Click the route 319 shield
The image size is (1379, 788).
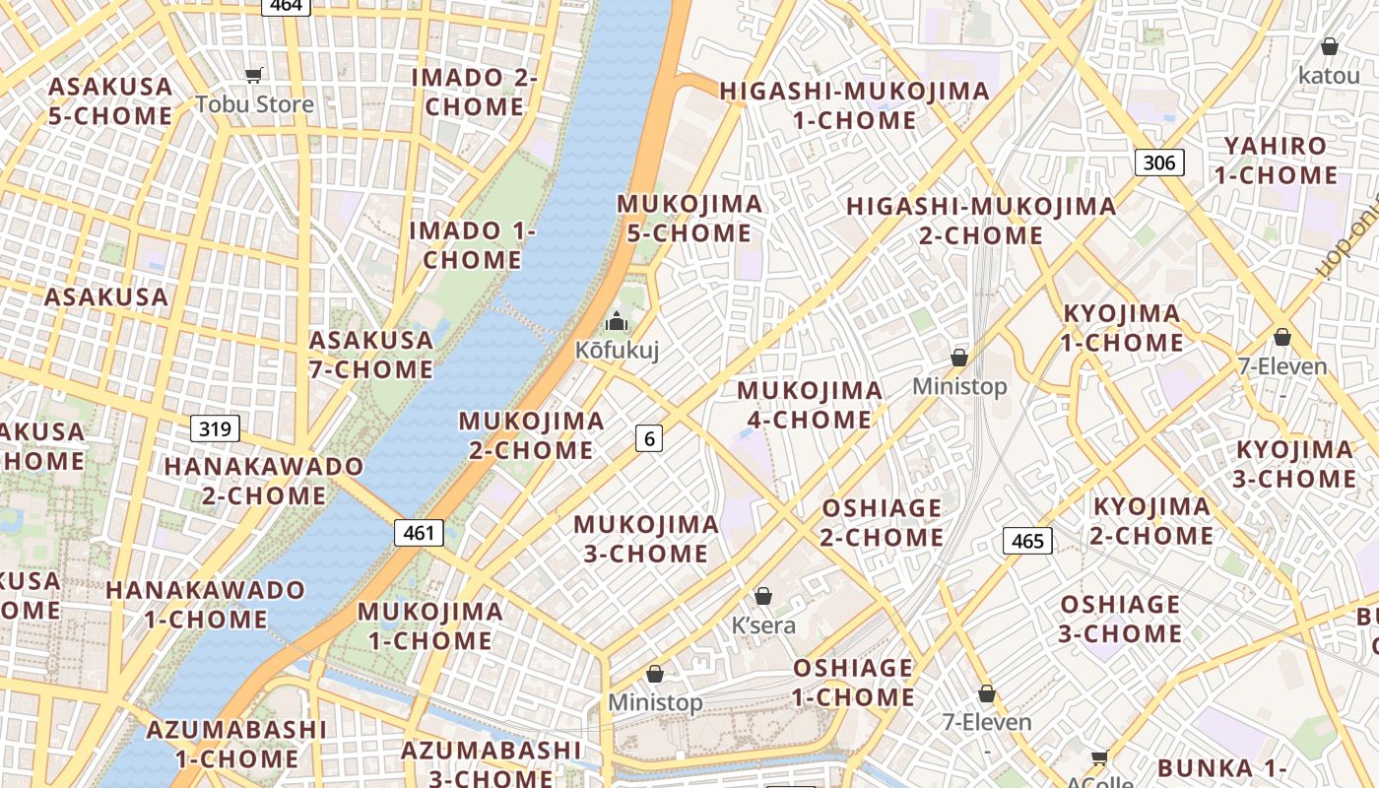pos(215,428)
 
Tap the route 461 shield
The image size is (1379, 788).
pos(419,533)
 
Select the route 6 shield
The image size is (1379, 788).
pos(648,437)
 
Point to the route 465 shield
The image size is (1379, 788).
pos(1027,541)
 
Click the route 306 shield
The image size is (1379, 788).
pos(1158,163)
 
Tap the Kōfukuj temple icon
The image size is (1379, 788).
pos(617,321)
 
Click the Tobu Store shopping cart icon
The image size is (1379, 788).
pos(254,75)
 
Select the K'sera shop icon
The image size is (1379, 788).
pos(762,596)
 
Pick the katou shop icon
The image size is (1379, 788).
pos(1329,46)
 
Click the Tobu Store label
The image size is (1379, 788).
pos(254,103)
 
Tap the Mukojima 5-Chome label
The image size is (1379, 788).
pos(689,219)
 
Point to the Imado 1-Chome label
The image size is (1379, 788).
pos(473,245)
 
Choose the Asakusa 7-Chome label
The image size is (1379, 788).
pos(371,355)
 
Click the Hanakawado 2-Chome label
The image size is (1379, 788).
pos(264,481)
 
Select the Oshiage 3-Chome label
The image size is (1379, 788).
pos(1120,619)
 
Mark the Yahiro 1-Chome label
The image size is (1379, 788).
pos(1275,161)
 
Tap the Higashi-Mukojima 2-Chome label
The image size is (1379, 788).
pos(981,221)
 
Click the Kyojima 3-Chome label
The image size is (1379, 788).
pos(1295,464)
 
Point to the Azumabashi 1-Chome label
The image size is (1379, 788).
pos(236,745)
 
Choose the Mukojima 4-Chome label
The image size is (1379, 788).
pos(810,405)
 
